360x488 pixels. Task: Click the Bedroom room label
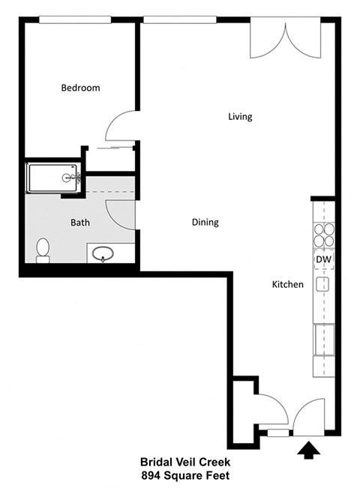(x=80, y=88)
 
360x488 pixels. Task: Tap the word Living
(x=240, y=116)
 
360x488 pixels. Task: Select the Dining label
(x=205, y=222)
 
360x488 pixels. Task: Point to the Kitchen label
(x=287, y=284)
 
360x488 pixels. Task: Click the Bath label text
(x=80, y=222)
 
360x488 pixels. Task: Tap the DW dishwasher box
(x=323, y=259)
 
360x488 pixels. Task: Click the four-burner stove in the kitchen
(x=323, y=235)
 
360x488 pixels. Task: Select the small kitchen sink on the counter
(x=323, y=283)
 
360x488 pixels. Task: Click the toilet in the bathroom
(x=43, y=250)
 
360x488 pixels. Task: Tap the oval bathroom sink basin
(x=102, y=254)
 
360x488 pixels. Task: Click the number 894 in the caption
(x=152, y=475)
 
